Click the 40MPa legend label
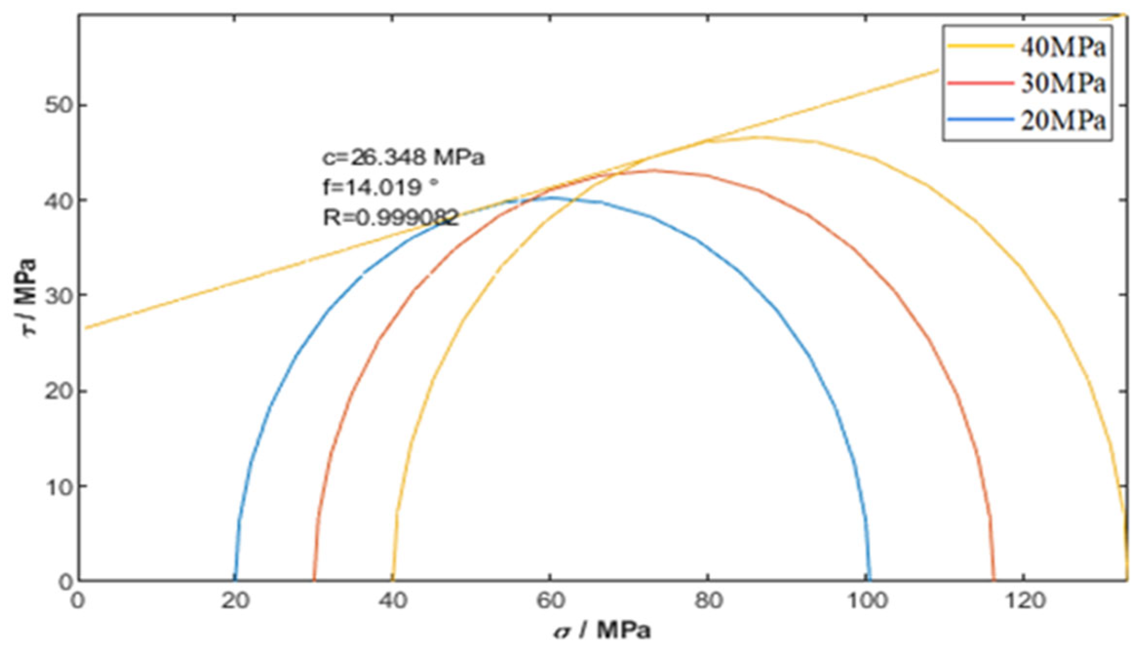(1063, 48)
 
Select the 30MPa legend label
(1063, 84)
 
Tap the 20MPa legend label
(1063, 120)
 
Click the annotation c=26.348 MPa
(404, 157)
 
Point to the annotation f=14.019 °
(381, 187)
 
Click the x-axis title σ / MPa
(602, 631)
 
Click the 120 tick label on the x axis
(1023, 601)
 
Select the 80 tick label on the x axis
(708, 601)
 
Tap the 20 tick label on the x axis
(235, 601)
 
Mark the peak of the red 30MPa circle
(653, 170)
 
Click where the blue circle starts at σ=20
(235, 579)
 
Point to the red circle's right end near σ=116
(993, 579)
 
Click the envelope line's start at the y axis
(86, 328)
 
